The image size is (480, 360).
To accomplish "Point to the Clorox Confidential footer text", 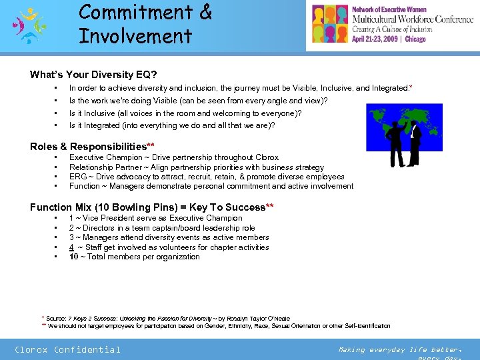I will point(67,349).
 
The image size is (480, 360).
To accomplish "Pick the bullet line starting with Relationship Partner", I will point(196,167).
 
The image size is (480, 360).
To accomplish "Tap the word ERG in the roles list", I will point(77,177).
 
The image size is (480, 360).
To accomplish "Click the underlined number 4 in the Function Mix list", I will point(71,247).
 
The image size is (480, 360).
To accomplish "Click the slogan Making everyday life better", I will point(398,349).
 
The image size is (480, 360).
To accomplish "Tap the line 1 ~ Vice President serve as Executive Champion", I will point(155,218).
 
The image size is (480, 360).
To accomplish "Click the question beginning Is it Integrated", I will point(172,125).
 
